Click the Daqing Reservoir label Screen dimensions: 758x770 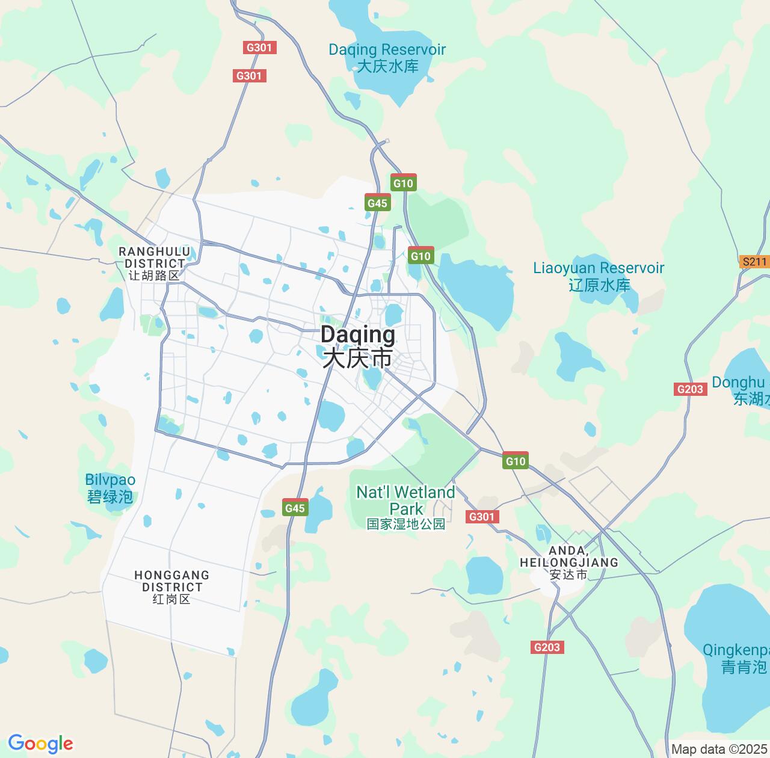click(x=387, y=58)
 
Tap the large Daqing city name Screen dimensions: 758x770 click(x=358, y=346)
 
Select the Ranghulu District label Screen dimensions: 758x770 click(x=154, y=263)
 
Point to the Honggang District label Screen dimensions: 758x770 click(x=171, y=587)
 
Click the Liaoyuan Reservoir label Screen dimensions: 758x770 click(x=599, y=276)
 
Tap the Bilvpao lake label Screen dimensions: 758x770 click(x=110, y=488)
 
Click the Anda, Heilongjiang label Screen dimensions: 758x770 click(x=568, y=562)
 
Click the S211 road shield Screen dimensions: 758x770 click(x=754, y=262)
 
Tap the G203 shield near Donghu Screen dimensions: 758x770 click(x=690, y=389)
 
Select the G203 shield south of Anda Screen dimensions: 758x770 click(x=547, y=647)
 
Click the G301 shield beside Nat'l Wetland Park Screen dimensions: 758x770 click(x=482, y=516)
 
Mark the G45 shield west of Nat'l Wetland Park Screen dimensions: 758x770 click(x=295, y=508)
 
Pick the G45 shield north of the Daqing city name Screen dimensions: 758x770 click(x=377, y=203)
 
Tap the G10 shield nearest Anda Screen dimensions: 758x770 click(x=516, y=461)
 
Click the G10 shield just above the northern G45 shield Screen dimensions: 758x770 click(x=403, y=183)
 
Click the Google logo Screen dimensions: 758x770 click(x=40, y=744)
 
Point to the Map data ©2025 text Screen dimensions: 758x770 click(x=719, y=750)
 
